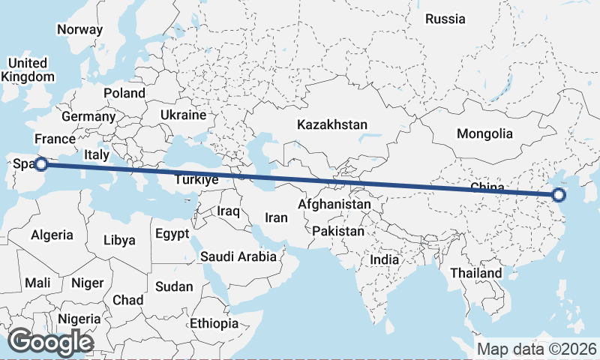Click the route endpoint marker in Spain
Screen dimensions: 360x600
point(42,163)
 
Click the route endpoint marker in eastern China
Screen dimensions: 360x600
point(558,196)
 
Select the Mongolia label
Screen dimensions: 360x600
point(485,133)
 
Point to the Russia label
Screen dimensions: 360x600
point(445,19)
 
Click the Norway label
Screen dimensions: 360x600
point(79,29)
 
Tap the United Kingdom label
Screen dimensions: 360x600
point(28,70)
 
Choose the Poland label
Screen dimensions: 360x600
point(124,93)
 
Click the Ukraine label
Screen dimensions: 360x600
point(182,115)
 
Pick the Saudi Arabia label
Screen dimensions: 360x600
point(238,256)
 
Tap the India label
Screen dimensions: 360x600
point(385,259)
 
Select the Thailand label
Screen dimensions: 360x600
point(475,273)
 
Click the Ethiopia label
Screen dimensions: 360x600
point(214,323)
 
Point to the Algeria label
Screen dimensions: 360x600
point(52,235)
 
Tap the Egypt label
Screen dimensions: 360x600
point(172,234)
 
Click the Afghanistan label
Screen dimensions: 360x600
point(334,204)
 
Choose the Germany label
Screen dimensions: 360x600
point(88,116)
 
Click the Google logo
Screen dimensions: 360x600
point(49,342)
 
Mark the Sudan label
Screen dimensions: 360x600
point(174,286)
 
